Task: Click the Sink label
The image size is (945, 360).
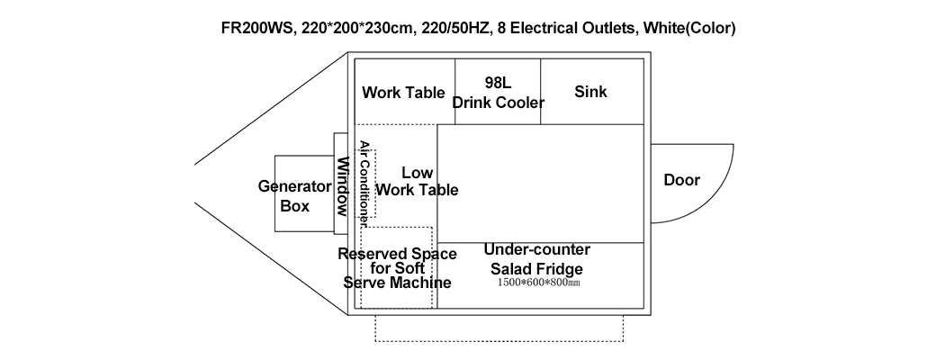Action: tap(590, 92)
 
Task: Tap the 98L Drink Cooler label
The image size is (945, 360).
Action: tap(498, 93)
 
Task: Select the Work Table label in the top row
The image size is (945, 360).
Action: tap(403, 93)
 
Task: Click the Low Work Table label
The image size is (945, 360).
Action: tap(417, 181)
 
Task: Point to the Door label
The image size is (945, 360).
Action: tap(681, 180)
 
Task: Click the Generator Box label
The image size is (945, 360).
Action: tap(295, 196)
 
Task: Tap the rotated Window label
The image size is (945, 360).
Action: tap(343, 188)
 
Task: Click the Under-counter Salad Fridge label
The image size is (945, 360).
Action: tap(536, 259)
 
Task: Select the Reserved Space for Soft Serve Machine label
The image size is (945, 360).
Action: tap(397, 268)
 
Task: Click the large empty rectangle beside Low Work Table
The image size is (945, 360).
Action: tap(540, 184)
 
